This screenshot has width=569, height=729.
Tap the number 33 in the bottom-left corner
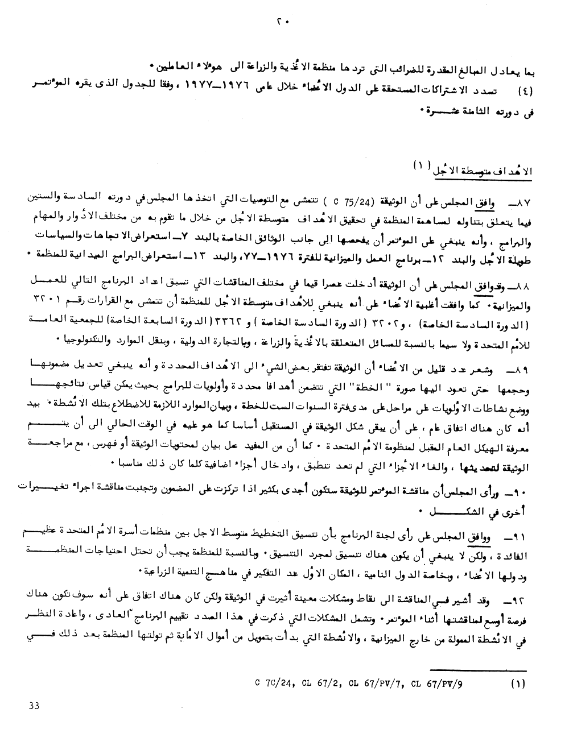(34, 706)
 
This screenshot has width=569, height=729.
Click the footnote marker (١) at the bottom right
(519, 684)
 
